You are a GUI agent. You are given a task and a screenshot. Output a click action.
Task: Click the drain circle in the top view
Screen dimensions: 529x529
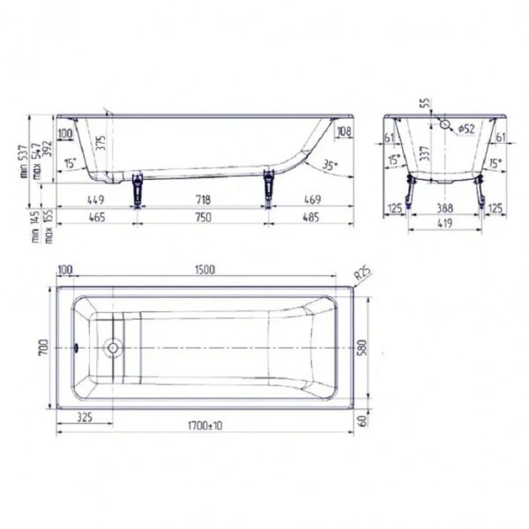click(112, 347)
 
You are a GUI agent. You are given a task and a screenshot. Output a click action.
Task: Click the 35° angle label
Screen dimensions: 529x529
click(330, 165)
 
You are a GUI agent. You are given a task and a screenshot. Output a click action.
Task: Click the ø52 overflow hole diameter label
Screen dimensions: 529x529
click(466, 129)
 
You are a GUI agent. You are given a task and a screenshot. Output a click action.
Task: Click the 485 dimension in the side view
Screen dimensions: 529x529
click(313, 217)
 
